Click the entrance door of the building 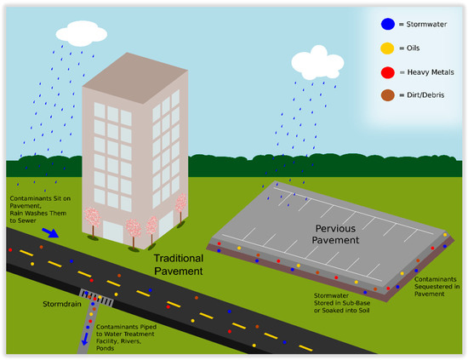pos(151,228)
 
